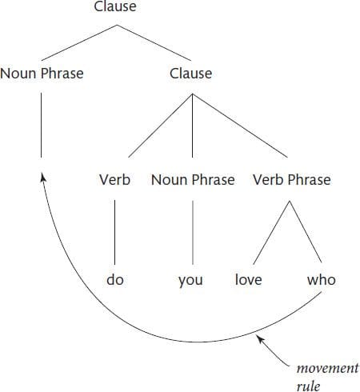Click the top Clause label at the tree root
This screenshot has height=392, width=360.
(115, 6)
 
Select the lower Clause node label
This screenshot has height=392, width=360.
(191, 73)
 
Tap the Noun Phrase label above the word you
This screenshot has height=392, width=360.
(193, 179)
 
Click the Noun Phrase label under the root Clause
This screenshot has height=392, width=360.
(42, 73)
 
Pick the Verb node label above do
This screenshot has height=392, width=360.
(115, 179)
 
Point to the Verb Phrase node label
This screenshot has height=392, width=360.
(292, 179)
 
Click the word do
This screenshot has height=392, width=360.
(115, 280)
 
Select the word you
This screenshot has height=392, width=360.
(190, 281)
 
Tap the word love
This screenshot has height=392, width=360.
(249, 280)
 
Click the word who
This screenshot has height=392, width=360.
(322, 280)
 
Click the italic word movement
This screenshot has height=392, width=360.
(328, 369)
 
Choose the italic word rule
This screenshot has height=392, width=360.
(308, 386)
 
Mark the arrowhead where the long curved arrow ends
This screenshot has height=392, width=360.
(42, 177)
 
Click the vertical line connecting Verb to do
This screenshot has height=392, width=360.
(115, 232)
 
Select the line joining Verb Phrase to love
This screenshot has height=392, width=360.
(271, 233)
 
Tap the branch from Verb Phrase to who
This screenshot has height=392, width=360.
(306, 232)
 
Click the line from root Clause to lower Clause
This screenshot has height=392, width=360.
(154, 42)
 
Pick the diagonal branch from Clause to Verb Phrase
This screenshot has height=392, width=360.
(240, 126)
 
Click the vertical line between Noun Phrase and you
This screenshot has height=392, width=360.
(193, 232)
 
